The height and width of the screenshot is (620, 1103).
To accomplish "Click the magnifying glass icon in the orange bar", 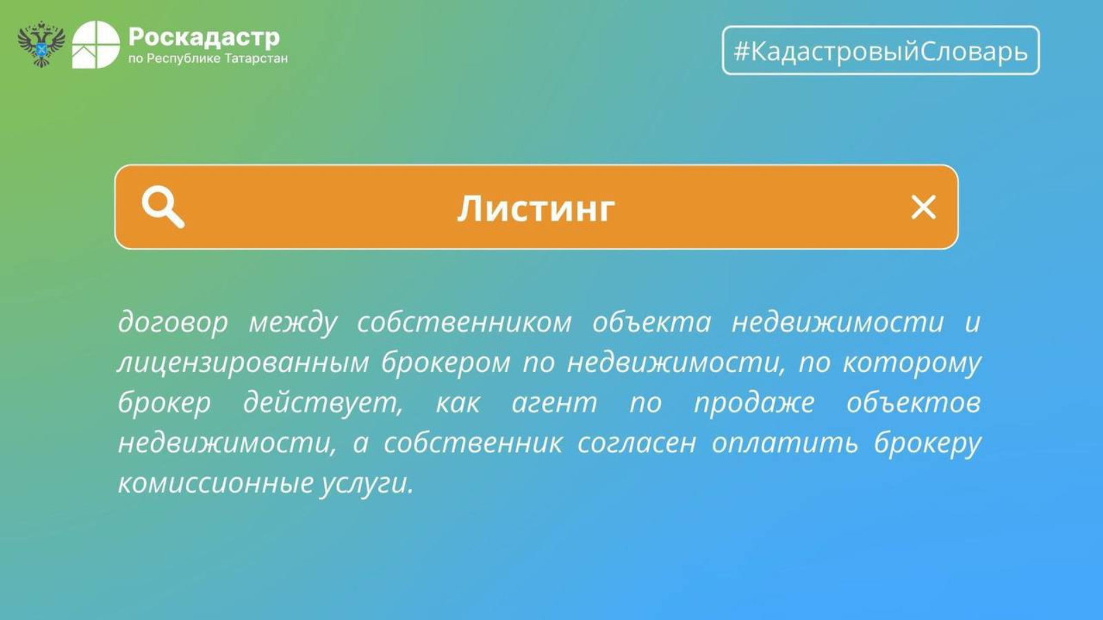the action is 163,207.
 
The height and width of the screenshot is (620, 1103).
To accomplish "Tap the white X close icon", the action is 923,207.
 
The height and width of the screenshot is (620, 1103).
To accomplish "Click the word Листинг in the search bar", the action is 536,209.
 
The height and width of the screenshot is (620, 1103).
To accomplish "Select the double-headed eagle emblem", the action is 41,44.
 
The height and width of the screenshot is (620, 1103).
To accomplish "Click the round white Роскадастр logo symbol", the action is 96,44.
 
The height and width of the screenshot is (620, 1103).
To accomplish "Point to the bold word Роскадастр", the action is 204,37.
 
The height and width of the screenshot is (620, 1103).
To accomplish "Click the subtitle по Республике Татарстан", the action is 208,59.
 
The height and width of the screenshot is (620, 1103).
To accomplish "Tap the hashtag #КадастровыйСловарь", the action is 881,51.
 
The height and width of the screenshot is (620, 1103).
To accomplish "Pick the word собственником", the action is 465,322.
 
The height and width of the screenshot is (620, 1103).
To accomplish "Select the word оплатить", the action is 785,444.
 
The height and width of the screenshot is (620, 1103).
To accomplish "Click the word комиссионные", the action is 216,483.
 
